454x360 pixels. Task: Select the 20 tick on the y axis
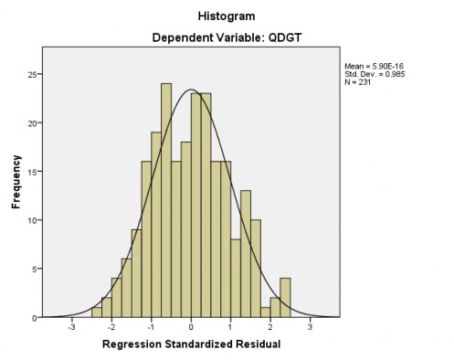[32, 122]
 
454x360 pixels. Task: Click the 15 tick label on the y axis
[32, 171]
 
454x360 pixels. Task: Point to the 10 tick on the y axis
[32, 220]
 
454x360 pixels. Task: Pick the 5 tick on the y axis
[34, 269]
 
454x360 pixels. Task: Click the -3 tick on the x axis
[71, 326]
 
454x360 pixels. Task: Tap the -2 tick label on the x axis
[111, 326]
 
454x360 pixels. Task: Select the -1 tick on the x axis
[151, 326]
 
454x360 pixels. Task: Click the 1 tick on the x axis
[231, 326]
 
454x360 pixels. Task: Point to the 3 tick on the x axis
[311, 326]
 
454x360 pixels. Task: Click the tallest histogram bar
[166, 201]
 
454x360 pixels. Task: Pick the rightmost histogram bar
[285, 298]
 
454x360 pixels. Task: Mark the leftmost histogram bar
[97, 312]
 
